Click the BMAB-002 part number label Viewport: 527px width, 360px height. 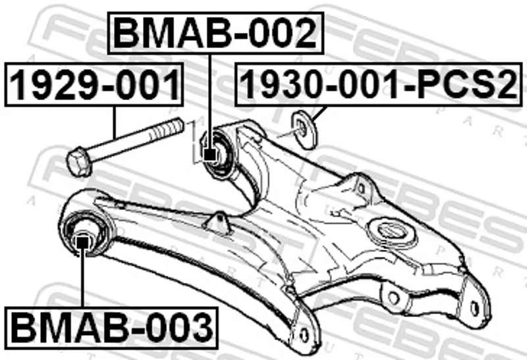tap(215, 33)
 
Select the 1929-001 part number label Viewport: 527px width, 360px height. tap(94, 84)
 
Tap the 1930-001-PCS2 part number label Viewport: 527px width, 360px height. tap(378, 84)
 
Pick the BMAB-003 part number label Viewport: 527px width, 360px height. tap(111, 328)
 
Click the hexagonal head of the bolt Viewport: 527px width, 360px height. tap(79, 162)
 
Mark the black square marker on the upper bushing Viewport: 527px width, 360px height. tap(209, 155)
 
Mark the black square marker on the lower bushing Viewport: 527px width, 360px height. tap(82, 242)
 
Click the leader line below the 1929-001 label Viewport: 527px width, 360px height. tap(115, 121)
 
